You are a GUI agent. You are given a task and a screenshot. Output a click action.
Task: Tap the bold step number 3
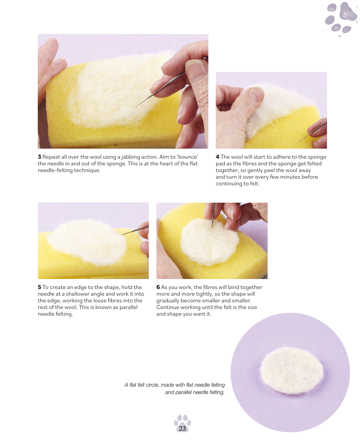39,157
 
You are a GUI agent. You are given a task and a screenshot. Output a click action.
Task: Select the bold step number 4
217,157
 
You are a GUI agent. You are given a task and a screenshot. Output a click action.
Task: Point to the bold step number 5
39,287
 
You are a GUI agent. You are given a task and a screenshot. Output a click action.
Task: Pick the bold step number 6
158,287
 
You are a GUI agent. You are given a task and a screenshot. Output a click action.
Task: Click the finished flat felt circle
292,371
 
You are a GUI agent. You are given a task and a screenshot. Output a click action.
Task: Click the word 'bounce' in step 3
187,157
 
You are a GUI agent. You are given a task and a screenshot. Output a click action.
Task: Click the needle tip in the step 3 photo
135,107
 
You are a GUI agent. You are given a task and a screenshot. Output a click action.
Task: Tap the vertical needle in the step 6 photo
213,215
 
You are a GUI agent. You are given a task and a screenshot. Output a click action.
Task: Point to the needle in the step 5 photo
135,231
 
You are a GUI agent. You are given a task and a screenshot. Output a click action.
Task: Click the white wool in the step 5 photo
87,242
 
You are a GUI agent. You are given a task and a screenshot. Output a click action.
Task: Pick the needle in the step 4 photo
312,132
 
